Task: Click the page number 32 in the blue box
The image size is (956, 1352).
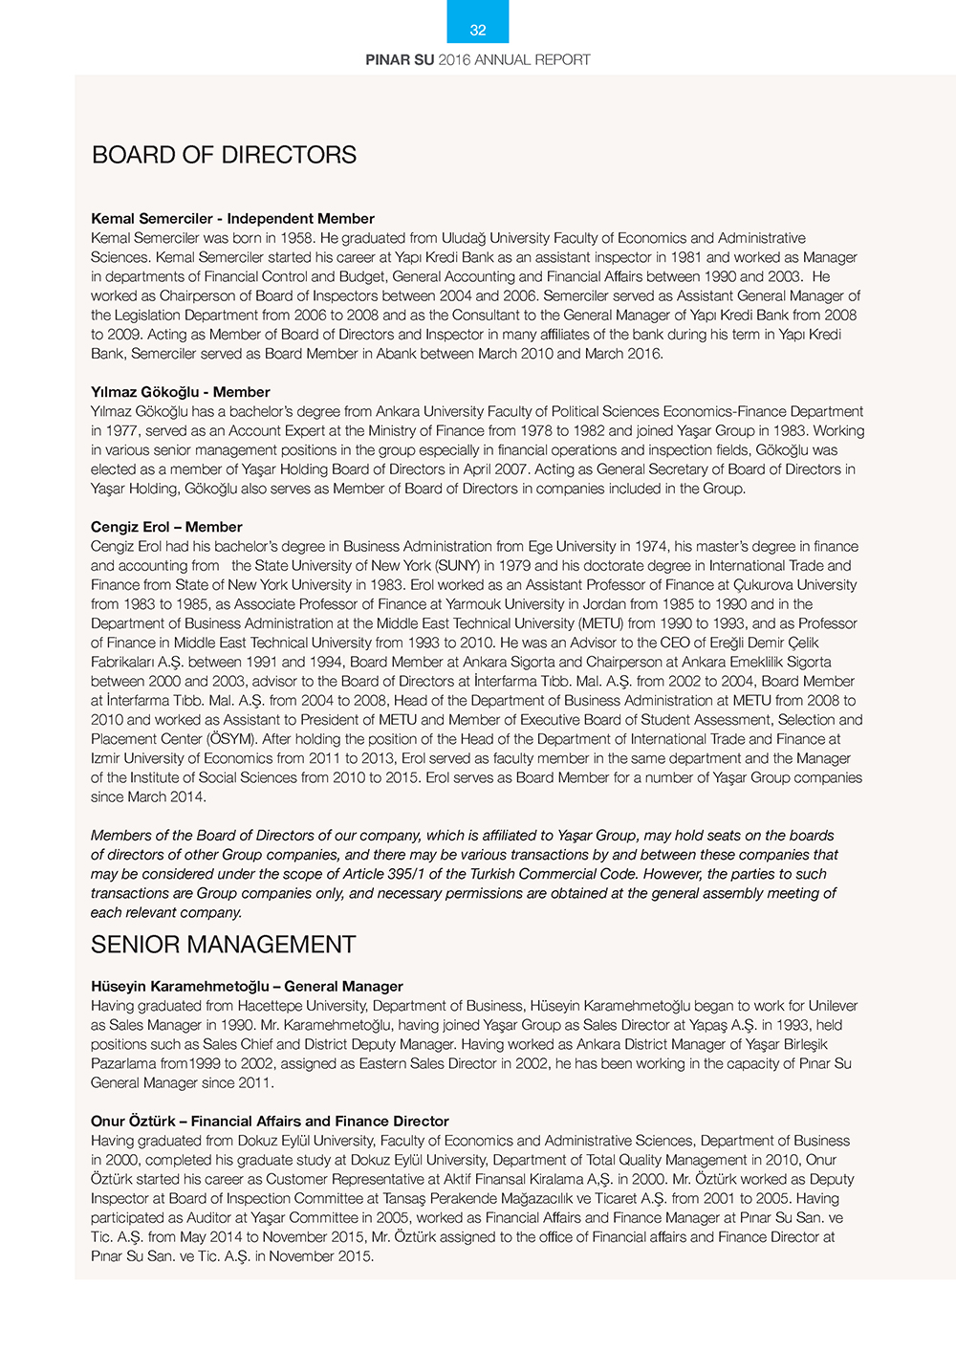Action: (x=478, y=31)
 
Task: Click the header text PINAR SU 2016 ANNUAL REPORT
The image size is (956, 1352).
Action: (x=478, y=59)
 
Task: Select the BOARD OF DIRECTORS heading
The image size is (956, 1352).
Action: (x=224, y=155)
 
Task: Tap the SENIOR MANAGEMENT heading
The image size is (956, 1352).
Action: (x=223, y=945)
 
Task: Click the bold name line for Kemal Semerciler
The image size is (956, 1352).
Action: (x=232, y=219)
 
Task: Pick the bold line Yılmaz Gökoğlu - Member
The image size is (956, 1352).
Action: (x=181, y=392)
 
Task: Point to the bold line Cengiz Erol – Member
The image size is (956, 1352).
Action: (x=166, y=527)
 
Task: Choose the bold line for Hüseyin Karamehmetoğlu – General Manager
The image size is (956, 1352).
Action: (x=247, y=987)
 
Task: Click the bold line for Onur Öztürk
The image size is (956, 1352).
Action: (x=270, y=1122)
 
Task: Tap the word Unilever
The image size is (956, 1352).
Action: (x=833, y=1006)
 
